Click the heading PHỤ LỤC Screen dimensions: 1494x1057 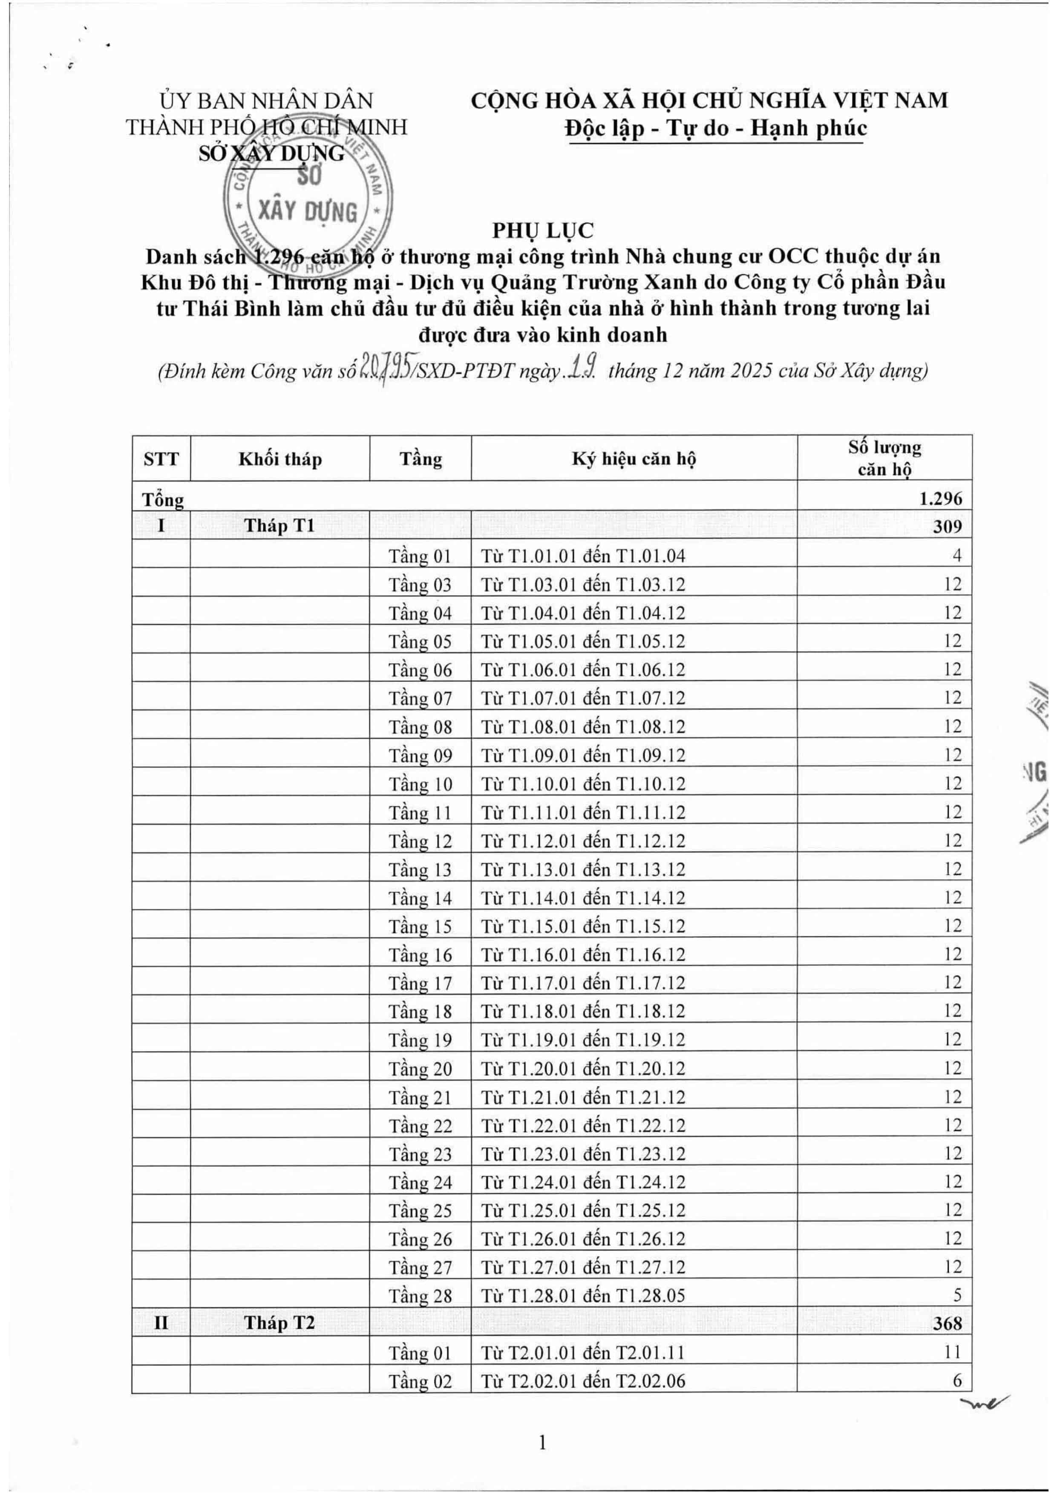click(x=543, y=230)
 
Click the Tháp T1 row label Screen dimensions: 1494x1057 click(x=280, y=526)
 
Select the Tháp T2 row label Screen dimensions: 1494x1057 click(x=280, y=1324)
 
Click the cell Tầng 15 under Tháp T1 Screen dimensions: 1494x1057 click(x=420, y=927)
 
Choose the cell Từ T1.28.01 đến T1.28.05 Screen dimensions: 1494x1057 click(x=583, y=1296)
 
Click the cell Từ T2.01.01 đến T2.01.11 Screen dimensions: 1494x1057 click(x=583, y=1353)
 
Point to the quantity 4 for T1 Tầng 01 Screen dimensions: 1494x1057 click(x=956, y=556)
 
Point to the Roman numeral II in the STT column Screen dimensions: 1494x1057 click(x=161, y=1324)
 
